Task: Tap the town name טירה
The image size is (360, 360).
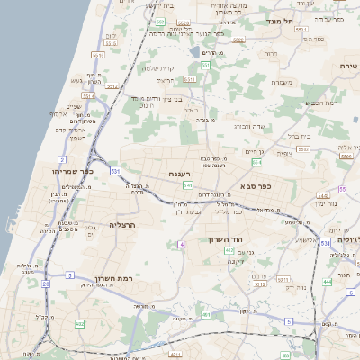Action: (x=348, y=67)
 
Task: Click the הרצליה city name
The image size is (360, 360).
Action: (x=122, y=224)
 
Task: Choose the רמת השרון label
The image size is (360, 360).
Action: (x=114, y=279)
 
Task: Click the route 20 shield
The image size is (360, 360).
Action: (x=45, y=283)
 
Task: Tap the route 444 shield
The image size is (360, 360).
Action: (x=327, y=282)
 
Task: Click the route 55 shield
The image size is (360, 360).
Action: (x=342, y=189)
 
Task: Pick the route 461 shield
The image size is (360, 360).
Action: (x=206, y=315)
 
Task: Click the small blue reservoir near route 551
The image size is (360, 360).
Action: (x=196, y=51)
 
